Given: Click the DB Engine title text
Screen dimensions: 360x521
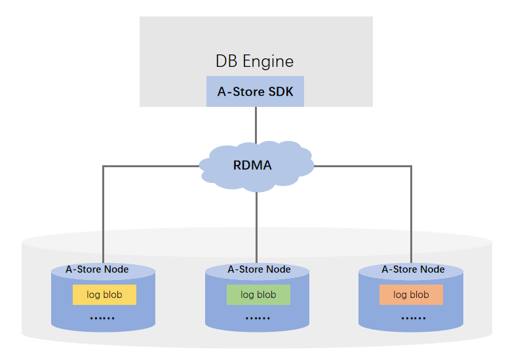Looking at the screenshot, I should pos(255,62).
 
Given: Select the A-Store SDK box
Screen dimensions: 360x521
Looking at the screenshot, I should pos(255,92).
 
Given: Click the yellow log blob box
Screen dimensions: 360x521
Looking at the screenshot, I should pos(104,295).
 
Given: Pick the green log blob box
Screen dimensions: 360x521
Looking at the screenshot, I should pos(258,295).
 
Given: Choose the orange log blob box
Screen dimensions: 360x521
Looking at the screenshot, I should pos(411,295).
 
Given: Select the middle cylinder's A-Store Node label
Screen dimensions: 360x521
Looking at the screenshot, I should pos(259,269).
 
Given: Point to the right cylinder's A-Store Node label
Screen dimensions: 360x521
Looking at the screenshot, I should pos(413,269).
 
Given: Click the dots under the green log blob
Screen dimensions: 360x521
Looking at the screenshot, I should pos(258,318).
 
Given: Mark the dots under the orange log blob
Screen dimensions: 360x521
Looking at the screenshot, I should pos(413,318).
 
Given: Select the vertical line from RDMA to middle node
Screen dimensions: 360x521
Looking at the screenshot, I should pos(256,226).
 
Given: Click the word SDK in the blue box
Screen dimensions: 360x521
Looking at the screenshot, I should pos(280,92).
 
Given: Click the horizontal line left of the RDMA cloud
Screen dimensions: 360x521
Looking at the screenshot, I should pos(151,167).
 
